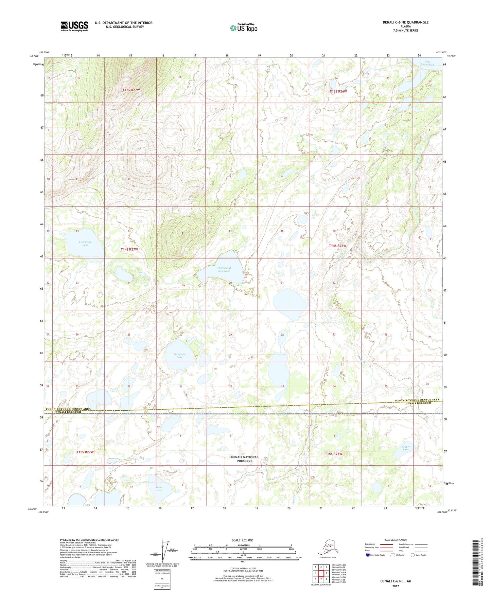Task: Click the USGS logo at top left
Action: [74, 26]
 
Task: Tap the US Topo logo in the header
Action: [244, 28]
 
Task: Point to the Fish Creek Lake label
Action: [85, 243]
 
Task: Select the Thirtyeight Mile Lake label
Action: [224, 269]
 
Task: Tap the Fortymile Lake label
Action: [179, 356]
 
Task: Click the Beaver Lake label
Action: [405, 448]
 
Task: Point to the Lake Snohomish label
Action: [427, 63]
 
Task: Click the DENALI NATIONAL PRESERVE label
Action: [244, 459]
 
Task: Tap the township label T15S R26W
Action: [333, 454]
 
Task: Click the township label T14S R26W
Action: [337, 246]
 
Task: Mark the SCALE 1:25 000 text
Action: [242, 540]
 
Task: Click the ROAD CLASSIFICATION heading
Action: [396, 540]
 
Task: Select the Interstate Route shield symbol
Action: [368, 555]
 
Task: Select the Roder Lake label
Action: [158, 489]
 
